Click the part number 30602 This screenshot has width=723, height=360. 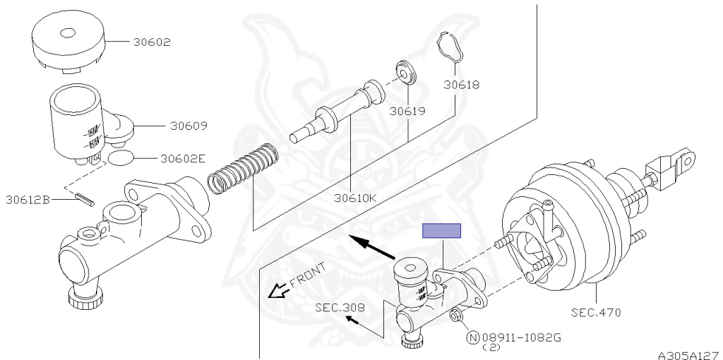(x=152, y=42)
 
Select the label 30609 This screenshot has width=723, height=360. (x=189, y=126)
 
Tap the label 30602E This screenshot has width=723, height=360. (x=183, y=159)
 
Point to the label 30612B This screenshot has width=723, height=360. (x=28, y=200)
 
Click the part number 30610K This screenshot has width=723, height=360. (x=356, y=198)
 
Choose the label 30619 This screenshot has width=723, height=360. (x=407, y=111)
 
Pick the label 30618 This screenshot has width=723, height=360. (x=462, y=85)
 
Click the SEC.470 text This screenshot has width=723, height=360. (x=596, y=313)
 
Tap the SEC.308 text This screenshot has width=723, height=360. (x=340, y=308)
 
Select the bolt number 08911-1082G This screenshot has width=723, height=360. (x=522, y=338)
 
